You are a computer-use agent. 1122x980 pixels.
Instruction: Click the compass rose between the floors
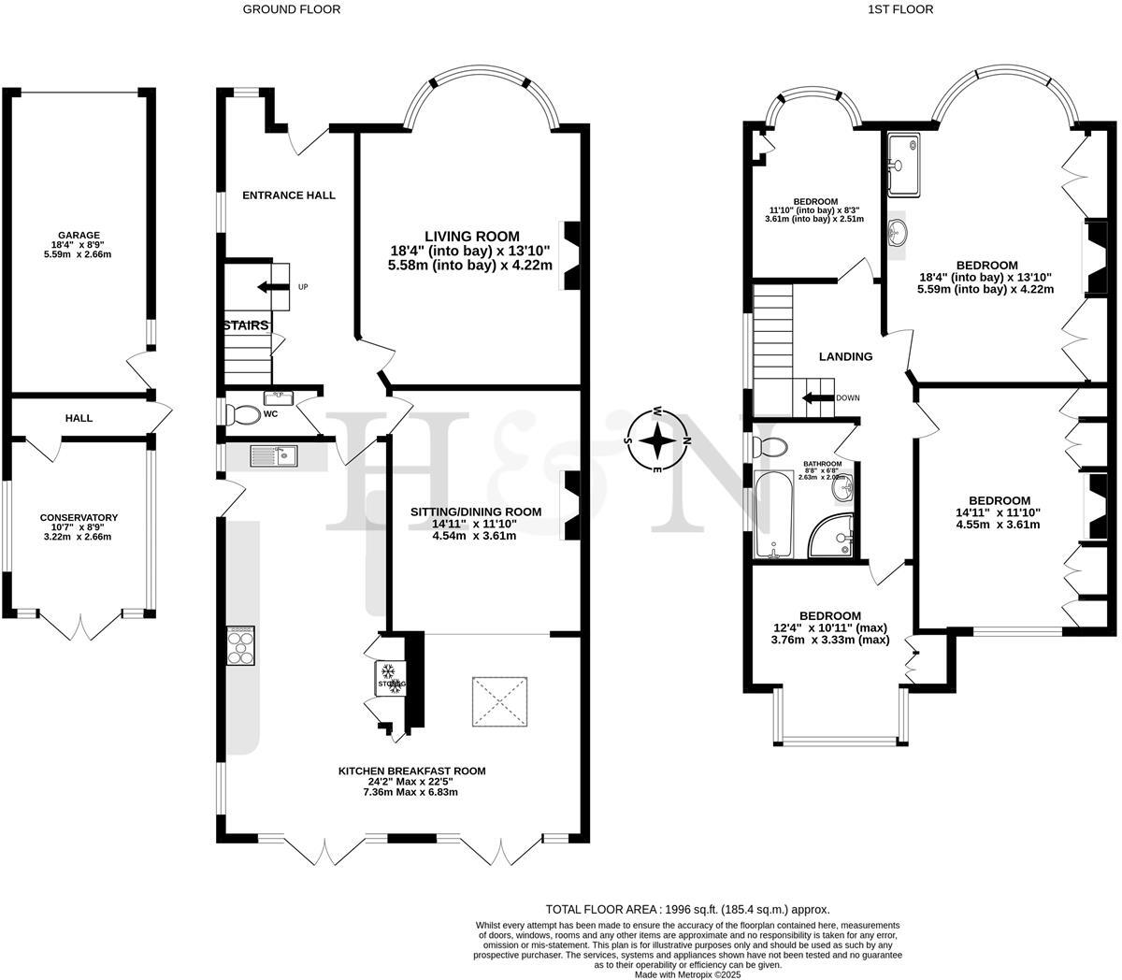(x=658, y=440)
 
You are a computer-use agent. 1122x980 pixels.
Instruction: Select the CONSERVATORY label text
(x=79, y=517)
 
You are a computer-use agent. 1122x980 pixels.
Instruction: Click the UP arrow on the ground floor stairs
(x=274, y=286)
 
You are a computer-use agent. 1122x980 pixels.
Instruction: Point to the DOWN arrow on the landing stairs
(x=818, y=397)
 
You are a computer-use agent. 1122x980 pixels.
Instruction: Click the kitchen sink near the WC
(x=274, y=455)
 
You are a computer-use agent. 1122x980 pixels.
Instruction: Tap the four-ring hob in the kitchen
(x=240, y=645)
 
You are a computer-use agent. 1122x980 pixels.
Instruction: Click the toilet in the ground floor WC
(x=245, y=413)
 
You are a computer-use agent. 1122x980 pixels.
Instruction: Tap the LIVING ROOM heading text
(x=471, y=237)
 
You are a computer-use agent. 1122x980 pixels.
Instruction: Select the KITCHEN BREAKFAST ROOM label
(x=411, y=771)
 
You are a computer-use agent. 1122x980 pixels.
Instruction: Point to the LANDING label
(x=845, y=356)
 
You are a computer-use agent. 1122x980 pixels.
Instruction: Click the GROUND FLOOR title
(x=292, y=9)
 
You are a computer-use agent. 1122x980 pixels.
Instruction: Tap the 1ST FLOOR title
(x=898, y=9)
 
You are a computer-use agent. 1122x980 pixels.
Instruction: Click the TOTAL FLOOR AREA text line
(x=687, y=909)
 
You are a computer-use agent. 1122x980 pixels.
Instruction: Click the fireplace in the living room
(x=569, y=256)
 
